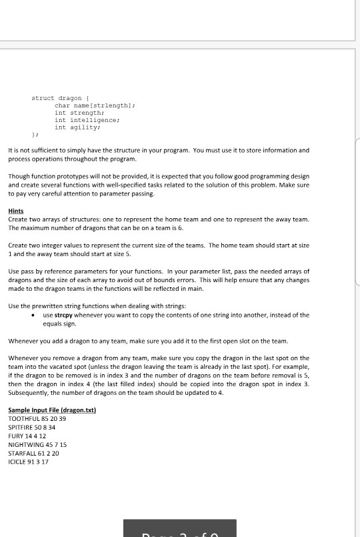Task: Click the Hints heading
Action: (16, 210)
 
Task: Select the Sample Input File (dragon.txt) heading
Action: (52, 410)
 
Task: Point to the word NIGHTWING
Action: (25, 444)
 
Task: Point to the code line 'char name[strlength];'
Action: (95, 105)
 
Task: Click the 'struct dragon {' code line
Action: (65, 98)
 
